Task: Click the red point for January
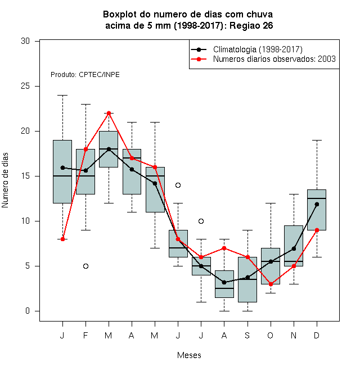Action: coord(62,239)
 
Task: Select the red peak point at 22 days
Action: coord(109,113)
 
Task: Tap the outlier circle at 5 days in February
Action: coord(85,266)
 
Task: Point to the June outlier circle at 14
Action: coord(178,185)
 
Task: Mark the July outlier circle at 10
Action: coord(201,221)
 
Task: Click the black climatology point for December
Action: coord(317,204)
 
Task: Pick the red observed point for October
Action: coord(271,284)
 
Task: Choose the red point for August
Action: coord(224,248)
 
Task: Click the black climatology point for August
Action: coord(224,282)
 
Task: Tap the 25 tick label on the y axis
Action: coord(25,86)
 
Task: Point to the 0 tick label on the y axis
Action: coord(28,311)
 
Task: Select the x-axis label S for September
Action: coord(247,335)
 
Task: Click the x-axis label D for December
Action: coord(317,335)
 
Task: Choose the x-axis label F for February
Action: coord(85,335)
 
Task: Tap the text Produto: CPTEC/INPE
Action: coord(85,75)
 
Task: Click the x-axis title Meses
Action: coord(189,355)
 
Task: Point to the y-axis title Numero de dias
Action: coord(5,180)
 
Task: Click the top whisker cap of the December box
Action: coord(317,141)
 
